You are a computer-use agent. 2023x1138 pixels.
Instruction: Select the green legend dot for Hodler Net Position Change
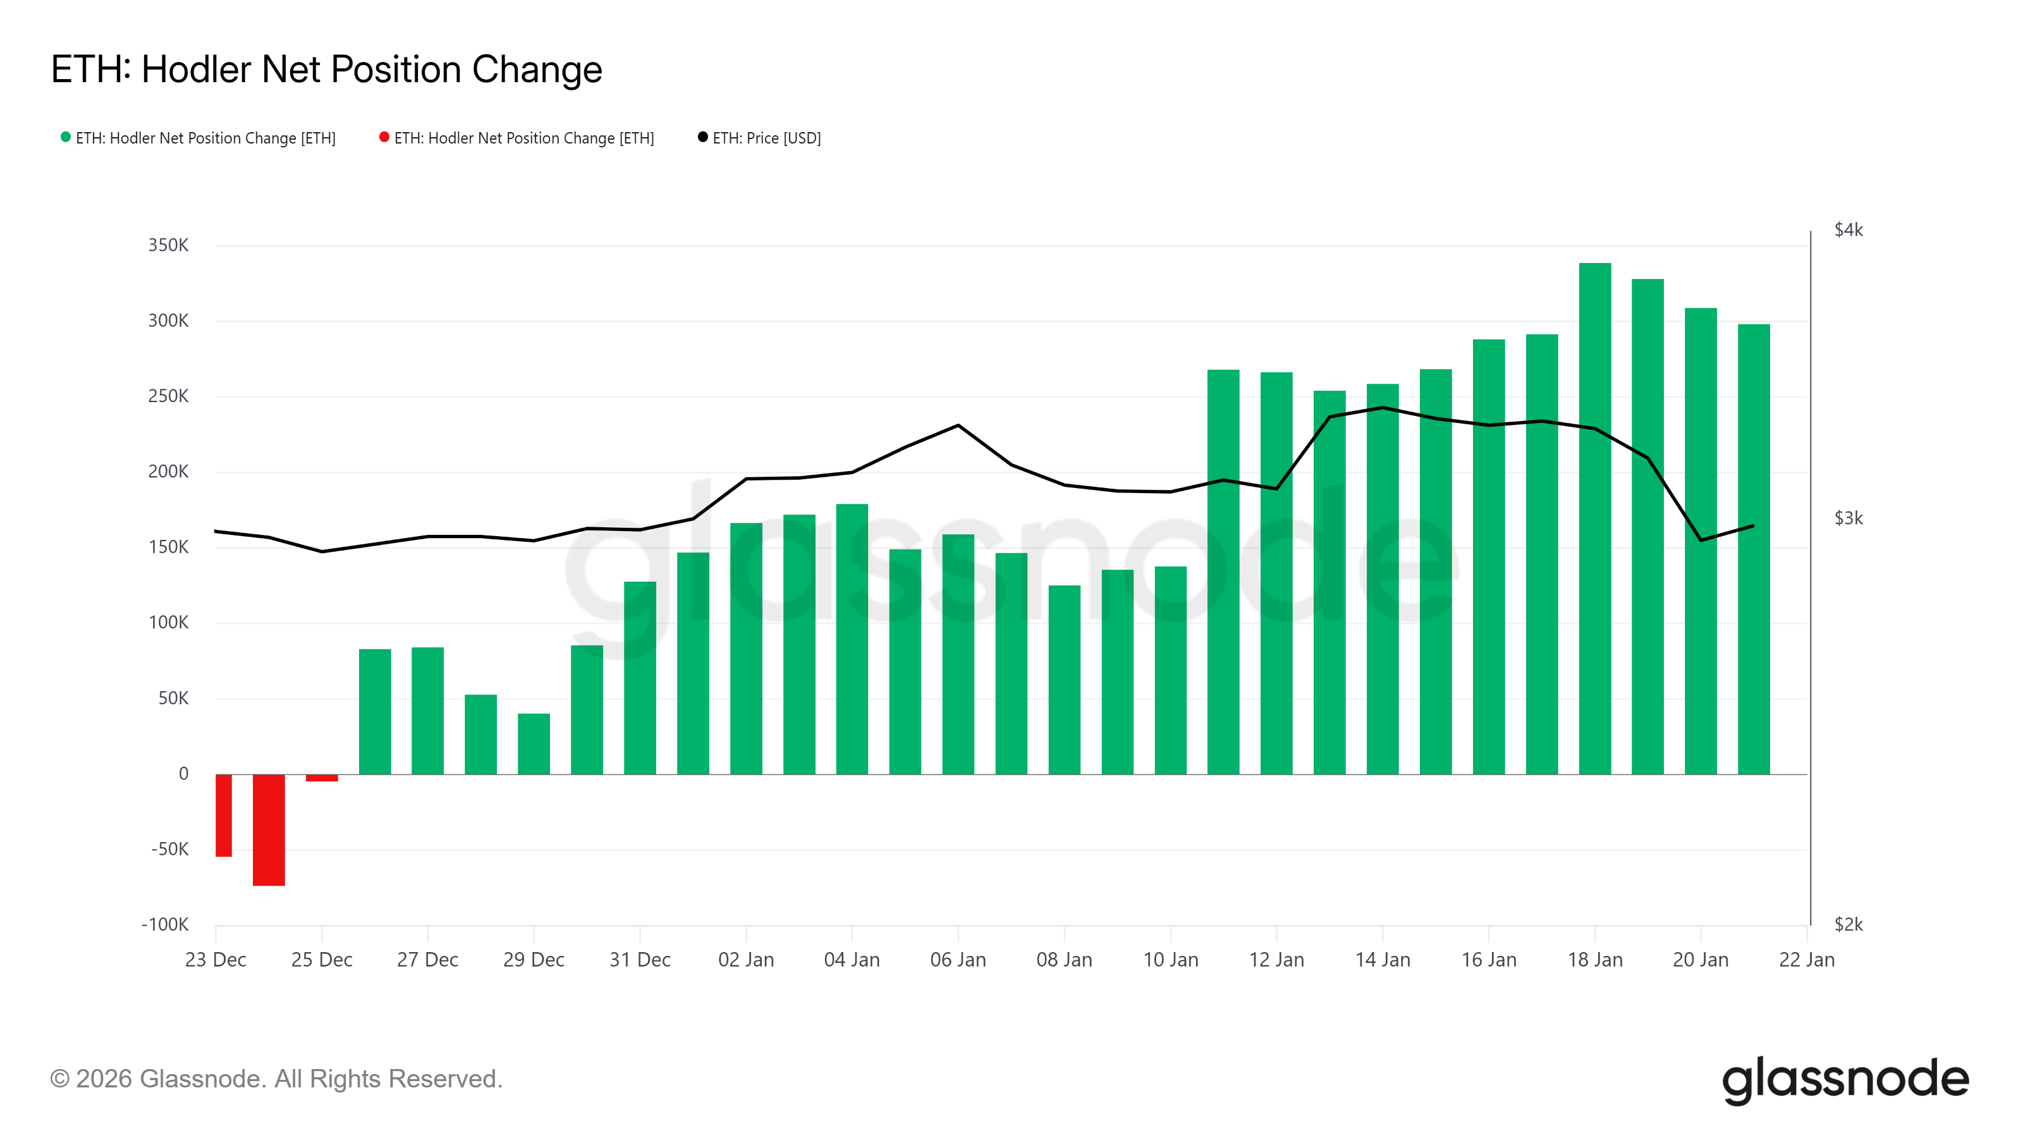click(66, 137)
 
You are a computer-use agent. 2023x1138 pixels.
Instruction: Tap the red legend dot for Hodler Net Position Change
click(384, 137)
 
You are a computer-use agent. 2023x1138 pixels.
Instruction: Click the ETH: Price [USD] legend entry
click(766, 138)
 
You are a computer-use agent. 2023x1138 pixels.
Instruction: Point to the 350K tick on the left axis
click(168, 245)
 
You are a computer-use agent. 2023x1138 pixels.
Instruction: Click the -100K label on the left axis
click(165, 924)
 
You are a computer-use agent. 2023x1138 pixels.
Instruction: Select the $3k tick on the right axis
click(1848, 518)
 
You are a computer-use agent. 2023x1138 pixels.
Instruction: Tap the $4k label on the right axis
click(1848, 230)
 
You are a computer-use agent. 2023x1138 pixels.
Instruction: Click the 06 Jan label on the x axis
click(957, 960)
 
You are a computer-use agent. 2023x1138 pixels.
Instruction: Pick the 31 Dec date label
click(639, 960)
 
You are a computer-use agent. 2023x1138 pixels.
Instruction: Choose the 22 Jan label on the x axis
click(1806, 960)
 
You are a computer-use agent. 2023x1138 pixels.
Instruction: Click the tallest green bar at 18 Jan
click(1594, 518)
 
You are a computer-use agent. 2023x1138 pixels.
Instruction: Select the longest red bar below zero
click(269, 829)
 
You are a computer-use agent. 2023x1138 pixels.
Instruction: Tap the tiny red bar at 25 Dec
click(321, 778)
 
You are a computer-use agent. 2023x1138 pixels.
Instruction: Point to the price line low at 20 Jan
click(1700, 539)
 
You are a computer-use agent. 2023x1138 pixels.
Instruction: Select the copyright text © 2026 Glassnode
click(276, 1079)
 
